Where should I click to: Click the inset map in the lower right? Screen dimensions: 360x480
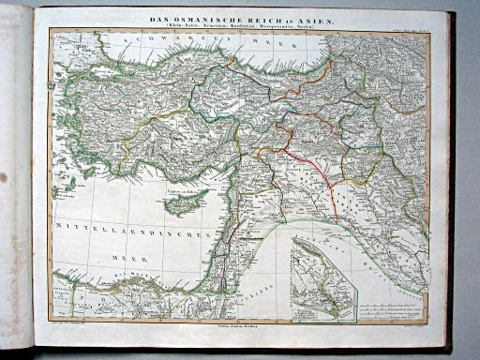322,278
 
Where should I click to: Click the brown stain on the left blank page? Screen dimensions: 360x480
4,176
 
